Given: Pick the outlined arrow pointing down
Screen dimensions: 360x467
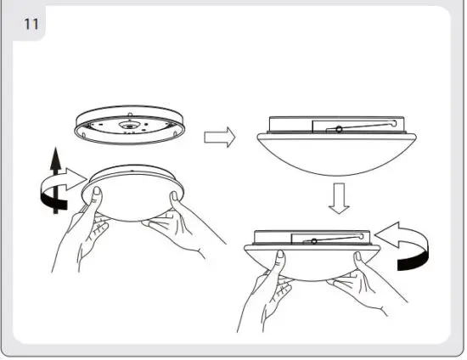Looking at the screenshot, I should tap(337, 199).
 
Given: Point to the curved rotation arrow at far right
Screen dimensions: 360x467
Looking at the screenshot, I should tap(406, 243).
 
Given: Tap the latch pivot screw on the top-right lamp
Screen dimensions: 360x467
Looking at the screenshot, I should tap(339, 129).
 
